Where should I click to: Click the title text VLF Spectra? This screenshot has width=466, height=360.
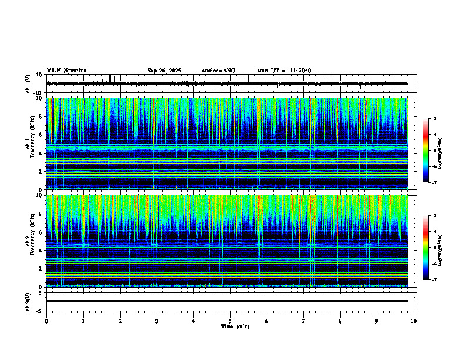point(66,70)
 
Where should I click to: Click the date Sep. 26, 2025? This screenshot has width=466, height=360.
point(164,71)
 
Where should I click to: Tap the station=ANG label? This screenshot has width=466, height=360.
point(218,71)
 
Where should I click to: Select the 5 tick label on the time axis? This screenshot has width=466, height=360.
point(230,321)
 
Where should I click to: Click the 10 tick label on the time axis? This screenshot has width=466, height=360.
point(414,321)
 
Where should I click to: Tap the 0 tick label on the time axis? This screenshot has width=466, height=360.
point(46,321)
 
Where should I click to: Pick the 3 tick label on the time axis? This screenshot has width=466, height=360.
point(157,321)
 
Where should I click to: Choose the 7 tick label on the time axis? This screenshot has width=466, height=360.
point(304,321)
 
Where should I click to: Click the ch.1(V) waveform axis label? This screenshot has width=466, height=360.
point(28,84)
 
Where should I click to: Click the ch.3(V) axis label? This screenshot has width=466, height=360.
point(28,301)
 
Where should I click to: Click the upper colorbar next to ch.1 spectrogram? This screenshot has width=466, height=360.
point(426,151)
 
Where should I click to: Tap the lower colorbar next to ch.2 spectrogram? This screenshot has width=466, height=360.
point(426,248)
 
